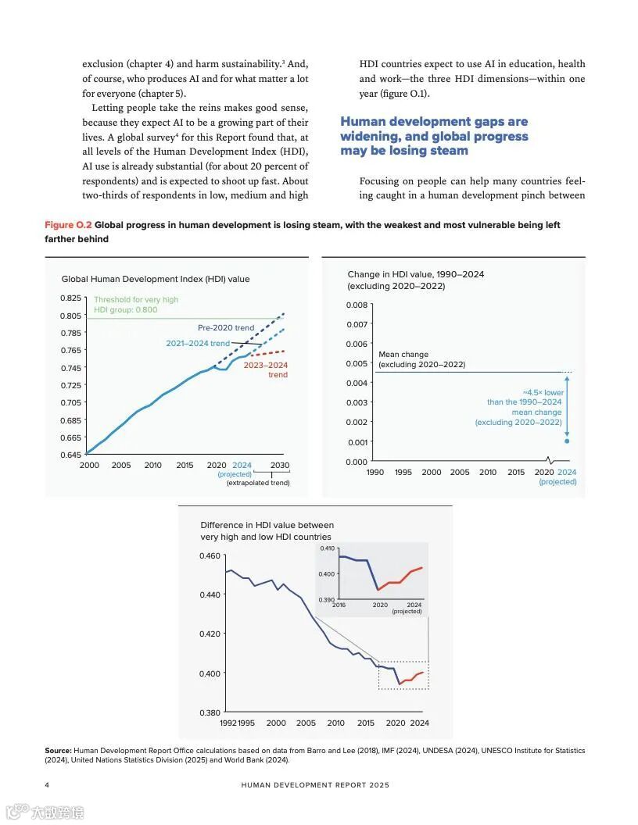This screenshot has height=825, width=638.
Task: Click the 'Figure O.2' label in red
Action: click(67, 225)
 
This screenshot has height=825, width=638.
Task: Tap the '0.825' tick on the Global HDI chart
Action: click(70, 298)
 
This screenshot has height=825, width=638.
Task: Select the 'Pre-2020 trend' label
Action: click(226, 328)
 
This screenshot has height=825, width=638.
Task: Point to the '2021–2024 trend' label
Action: click(198, 344)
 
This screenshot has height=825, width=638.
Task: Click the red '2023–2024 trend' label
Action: click(266, 370)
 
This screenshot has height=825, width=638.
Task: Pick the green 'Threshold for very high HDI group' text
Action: click(136, 305)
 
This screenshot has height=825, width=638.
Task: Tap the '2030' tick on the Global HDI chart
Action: click(280, 466)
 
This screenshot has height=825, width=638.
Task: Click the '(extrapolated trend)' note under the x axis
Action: click(258, 483)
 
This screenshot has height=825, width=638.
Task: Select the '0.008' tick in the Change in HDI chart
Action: click(357, 305)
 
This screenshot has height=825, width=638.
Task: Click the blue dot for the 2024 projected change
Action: click(567, 441)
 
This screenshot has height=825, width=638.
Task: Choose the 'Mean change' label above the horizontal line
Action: click(403, 355)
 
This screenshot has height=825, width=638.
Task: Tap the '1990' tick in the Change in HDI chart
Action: click(375, 472)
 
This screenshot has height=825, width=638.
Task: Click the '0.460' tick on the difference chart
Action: click(210, 556)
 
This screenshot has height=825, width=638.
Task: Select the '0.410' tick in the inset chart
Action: click(326, 548)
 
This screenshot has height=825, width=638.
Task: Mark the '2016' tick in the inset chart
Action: click(339, 605)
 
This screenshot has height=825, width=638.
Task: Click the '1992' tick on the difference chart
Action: click(228, 723)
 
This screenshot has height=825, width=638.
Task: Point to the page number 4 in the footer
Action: click(47, 784)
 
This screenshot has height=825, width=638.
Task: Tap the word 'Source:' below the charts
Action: click(58, 751)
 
